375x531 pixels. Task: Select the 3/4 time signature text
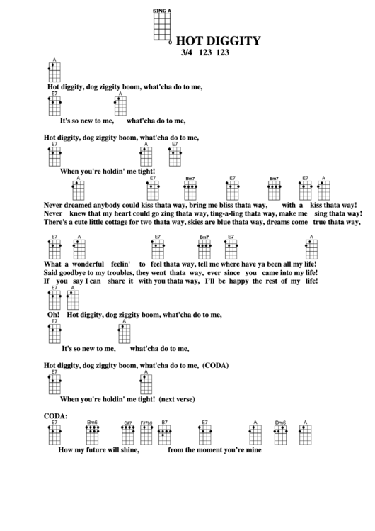point(187,52)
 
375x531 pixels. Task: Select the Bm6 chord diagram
point(93,432)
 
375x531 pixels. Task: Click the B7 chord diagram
point(164,432)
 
